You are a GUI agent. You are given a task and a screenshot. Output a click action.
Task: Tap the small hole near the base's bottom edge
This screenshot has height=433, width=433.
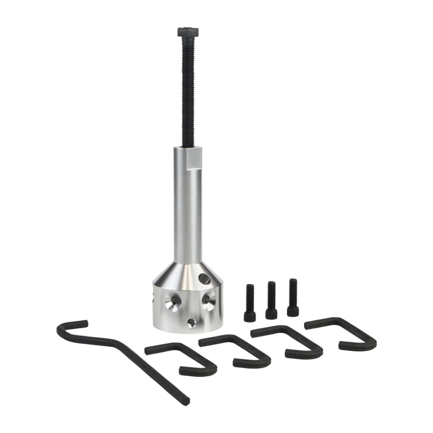[192, 322]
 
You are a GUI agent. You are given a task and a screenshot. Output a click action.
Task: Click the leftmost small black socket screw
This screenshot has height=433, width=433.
[249, 303]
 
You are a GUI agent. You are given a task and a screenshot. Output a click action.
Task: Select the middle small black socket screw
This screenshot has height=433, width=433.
[271, 300]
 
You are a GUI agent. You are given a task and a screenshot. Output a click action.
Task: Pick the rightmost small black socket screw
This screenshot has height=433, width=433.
[293, 298]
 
